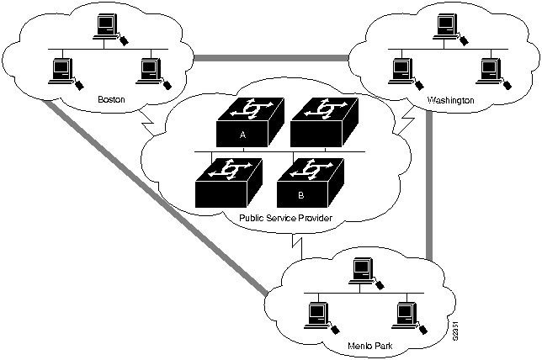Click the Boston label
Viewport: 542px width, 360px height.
pyautogui.click(x=110, y=98)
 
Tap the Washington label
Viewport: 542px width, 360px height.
pyautogui.click(x=450, y=100)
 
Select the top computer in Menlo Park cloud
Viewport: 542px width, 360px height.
pyautogui.click(x=361, y=270)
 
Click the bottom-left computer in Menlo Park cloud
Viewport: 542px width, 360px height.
pyautogui.click(x=317, y=314)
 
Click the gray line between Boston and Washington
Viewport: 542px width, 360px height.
pyautogui.click(x=269, y=57)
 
